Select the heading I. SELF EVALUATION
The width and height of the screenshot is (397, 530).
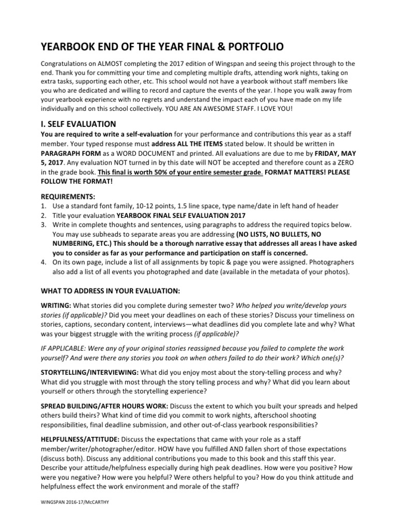[x=78, y=138]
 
